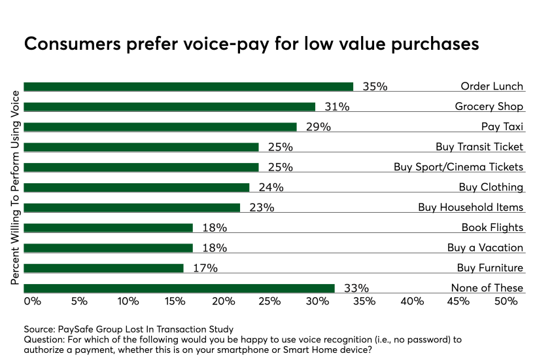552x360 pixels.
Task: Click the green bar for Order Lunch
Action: click(x=188, y=86)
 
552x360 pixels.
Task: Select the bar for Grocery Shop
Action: click(x=169, y=107)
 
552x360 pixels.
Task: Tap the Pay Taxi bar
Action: click(x=160, y=127)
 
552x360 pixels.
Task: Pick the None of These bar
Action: click(x=179, y=288)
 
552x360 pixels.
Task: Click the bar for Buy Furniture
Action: click(x=103, y=268)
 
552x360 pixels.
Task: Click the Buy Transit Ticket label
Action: click(x=479, y=147)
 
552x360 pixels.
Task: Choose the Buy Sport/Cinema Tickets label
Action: click(x=458, y=167)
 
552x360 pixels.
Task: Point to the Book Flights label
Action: click(x=492, y=227)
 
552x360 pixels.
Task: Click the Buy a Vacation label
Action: click(x=485, y=247)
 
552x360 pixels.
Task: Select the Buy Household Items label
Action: click(x=471, y=207)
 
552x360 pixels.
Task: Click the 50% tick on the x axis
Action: click(x=506, y=301)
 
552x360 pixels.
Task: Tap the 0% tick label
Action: click(x=32, y=301)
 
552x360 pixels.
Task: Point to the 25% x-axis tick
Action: click(x=269, y=301)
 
